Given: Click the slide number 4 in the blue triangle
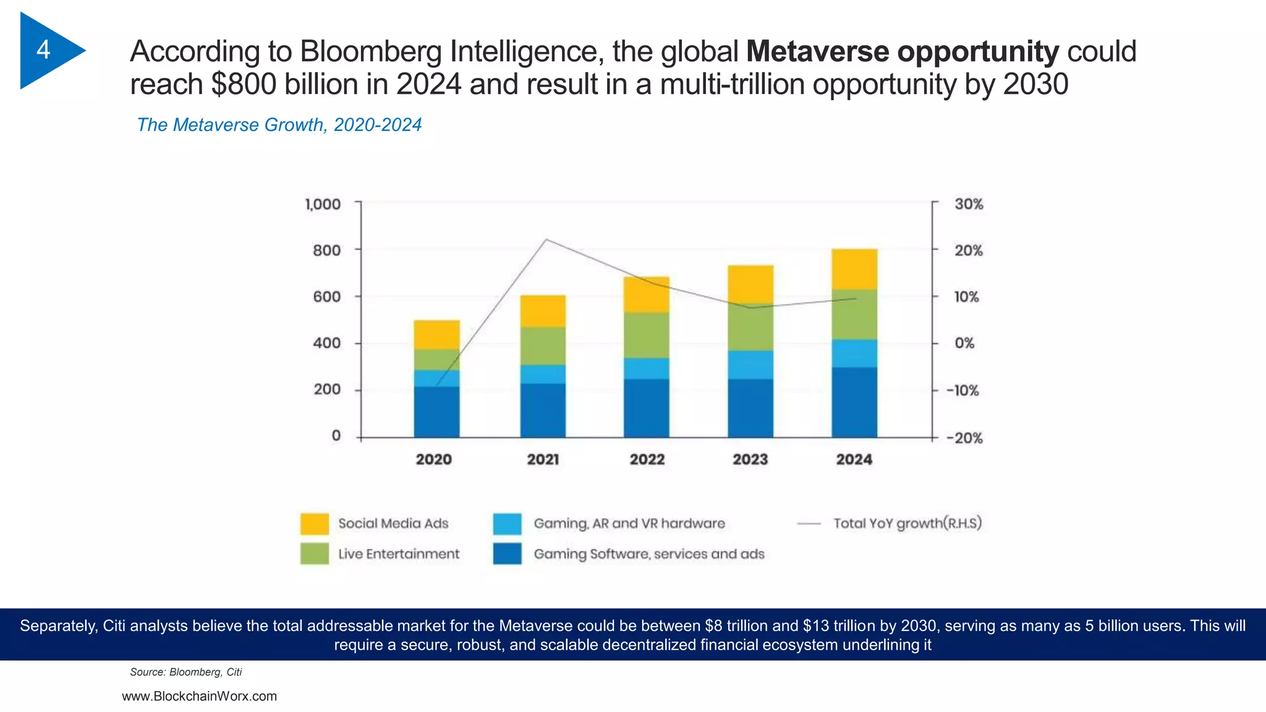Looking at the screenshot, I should click(x=43, y=49).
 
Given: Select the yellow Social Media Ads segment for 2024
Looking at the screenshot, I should click(x=854, y=269).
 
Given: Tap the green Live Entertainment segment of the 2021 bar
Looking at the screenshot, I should click(x=543, y=346).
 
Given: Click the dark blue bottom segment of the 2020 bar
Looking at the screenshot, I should click(x=436, y=412).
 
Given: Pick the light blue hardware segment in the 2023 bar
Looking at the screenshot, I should click(x=750, y=365).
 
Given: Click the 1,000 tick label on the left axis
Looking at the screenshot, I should click(x=323, y=204).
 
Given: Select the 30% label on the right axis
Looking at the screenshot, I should click(x=968, y=204).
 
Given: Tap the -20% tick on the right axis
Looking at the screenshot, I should click(x=964, y=438).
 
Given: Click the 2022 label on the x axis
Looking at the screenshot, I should click(x=647, y=459).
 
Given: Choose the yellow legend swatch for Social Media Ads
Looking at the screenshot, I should click(x=314, y=523).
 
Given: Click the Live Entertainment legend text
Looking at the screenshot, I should click(x=399, y=554).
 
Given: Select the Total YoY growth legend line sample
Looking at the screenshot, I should click(x=809, y=523).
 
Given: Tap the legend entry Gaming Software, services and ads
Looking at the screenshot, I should click(x=649, y=554).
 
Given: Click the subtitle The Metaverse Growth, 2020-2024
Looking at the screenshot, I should click(x=279, y=125).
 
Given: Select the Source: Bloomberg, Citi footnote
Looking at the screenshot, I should click(x=185, y=672).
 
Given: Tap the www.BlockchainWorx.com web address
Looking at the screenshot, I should click(x=199, y=696).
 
